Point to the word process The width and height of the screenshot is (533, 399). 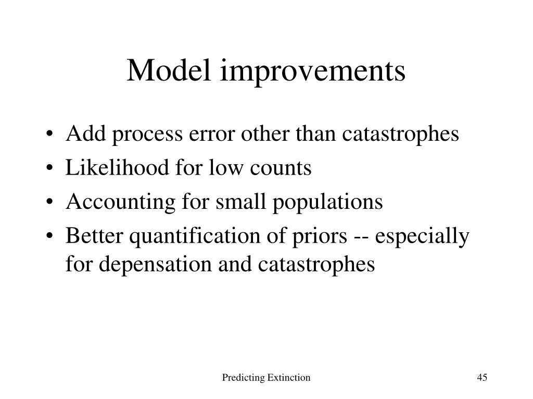[x=147, y=136]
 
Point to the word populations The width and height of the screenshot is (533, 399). [x=328, y=203]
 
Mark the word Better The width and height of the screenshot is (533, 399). [x=94, y=235]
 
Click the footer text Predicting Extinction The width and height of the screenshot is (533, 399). [x=266, y=377]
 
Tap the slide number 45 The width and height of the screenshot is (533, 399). [x=482, y=377]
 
